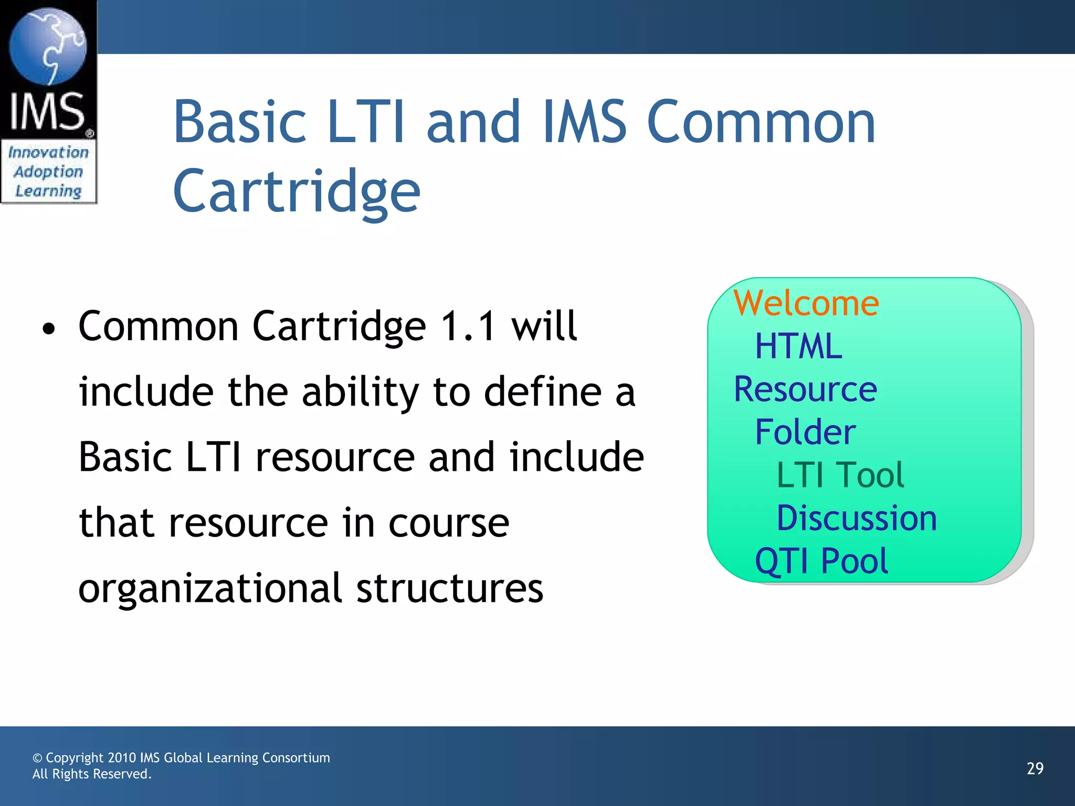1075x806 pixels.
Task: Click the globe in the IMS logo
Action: (48, 47)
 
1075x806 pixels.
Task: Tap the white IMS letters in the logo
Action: (47, 111)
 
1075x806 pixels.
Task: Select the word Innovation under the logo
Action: (49, 152)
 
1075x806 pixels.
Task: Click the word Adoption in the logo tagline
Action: (49, 172)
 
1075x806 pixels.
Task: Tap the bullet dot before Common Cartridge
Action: (49, 330)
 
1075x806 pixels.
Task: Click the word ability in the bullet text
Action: (360, 392)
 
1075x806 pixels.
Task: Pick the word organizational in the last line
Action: (210, 589)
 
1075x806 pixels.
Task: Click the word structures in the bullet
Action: (450, 589)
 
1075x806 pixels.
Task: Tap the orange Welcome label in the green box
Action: (806, 303)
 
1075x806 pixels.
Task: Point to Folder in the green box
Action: (805, 432)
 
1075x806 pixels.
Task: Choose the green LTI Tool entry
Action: (840, 475)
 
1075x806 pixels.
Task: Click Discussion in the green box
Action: (857, 518)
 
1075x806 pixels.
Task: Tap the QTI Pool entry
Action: (821, 561)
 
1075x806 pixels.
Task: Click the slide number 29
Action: (1035, 769)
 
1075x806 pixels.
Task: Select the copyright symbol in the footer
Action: (37, 758)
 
